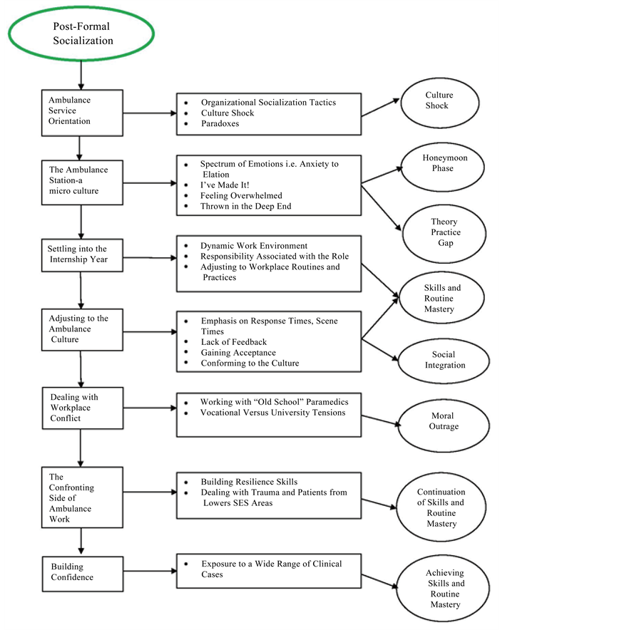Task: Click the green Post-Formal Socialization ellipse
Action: (81, 9)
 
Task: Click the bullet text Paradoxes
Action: (220, 123)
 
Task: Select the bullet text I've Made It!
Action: (225, 185)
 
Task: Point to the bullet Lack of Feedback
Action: (234, 342)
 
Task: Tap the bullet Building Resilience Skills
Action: (249, 482)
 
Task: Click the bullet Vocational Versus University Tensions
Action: (272, 413)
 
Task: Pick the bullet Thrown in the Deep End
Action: (245, 206)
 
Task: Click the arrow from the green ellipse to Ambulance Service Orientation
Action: (81, 75)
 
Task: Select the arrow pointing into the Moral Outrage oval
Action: (381, 420)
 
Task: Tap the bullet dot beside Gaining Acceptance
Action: (186, 352)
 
